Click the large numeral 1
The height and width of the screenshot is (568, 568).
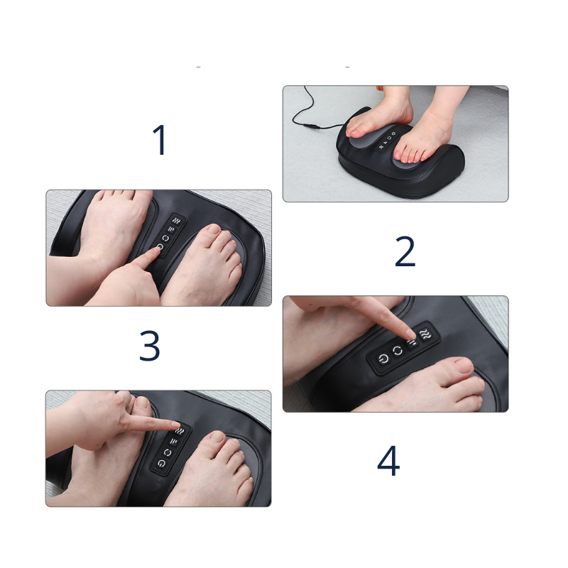(160, 140)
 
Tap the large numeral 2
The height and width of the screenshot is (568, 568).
(405, 251)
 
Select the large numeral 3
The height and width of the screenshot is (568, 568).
(149, 345)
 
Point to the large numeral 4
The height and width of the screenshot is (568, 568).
(388, 460)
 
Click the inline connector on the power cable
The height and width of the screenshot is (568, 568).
(312, 126)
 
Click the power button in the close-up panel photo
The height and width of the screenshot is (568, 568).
(383, 359)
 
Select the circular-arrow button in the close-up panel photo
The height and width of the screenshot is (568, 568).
(398, 350)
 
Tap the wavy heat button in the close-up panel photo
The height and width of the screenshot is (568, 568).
(425, 334)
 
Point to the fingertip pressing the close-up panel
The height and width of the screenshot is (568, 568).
(409, 333)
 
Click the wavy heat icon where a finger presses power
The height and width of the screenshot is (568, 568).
(177, 221)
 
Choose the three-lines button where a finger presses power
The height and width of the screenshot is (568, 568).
(171, 229)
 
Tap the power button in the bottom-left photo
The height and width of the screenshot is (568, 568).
(161, 463)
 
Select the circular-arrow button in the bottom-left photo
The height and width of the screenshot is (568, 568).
(168, 452)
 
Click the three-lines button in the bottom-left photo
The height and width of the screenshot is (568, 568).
(173, 442)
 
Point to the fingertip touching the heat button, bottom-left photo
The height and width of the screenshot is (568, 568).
(175, 425)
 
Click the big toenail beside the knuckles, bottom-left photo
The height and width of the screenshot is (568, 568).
(142, 402)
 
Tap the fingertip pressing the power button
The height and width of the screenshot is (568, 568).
(155, 250)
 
